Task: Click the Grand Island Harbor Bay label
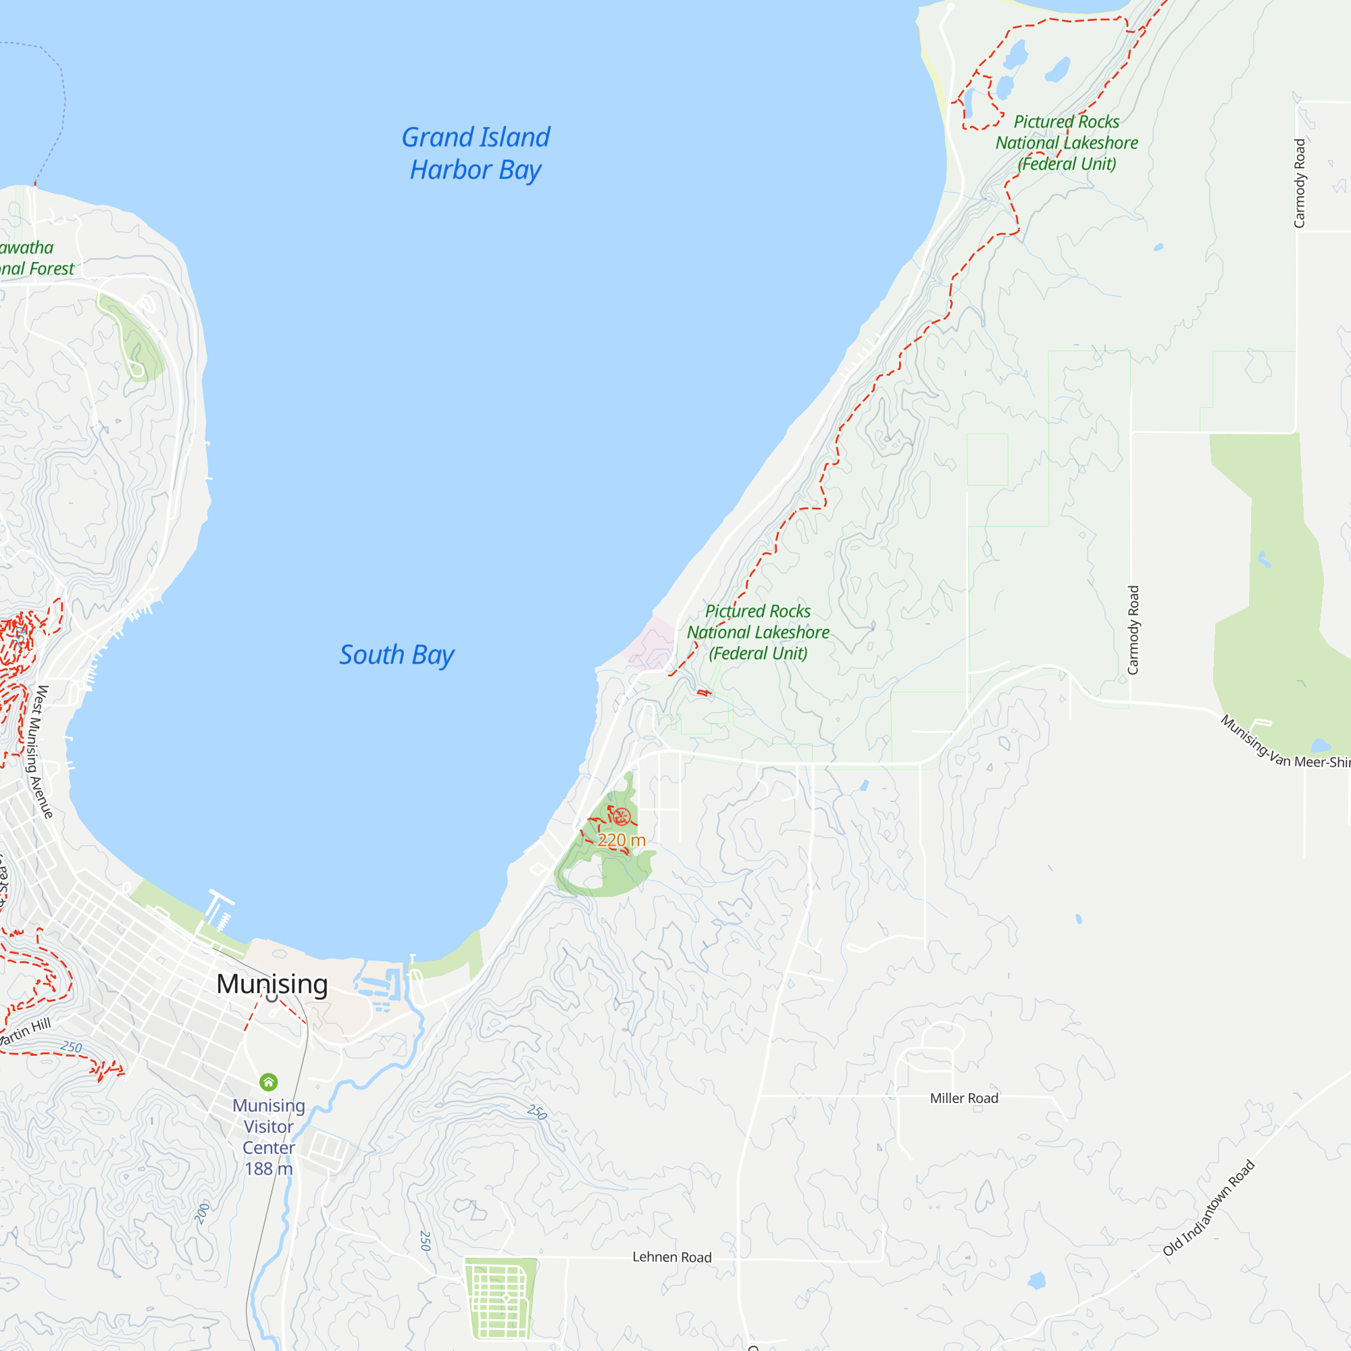pyautogui.click(x=476, y=153)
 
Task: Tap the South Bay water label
pyautogui.click(x=397, y=655)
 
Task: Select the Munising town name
pyautogui.click(x=272, y=984)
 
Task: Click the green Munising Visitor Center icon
pyautogui.click(x=269, y=1082)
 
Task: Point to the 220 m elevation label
pyautogui.click(x=621, y=840)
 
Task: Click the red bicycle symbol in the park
pyautogui.click(x=621, y=817)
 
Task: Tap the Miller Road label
pyautogui.click(x=964, y=1098)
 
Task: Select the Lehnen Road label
pyautogui.click(x=671, y=1257)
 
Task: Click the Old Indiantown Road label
pyautogui.click(x=1208, y=1208)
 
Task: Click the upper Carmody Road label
pyautogui.click(x=1299, y=183)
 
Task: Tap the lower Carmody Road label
pyautogui.click(x=1133, y=630)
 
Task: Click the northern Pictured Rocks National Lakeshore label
pyautogui.click(x=1067, y=143)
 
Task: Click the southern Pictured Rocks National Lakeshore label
pyautogui.click(x=758, y=632)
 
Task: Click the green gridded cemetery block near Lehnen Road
pyautogui.click(x=501, y=1298)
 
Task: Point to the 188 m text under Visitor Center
pyautogui.click(x=269, y=1169)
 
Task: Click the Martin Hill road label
pyautogui.click(x=25, y=1032)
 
